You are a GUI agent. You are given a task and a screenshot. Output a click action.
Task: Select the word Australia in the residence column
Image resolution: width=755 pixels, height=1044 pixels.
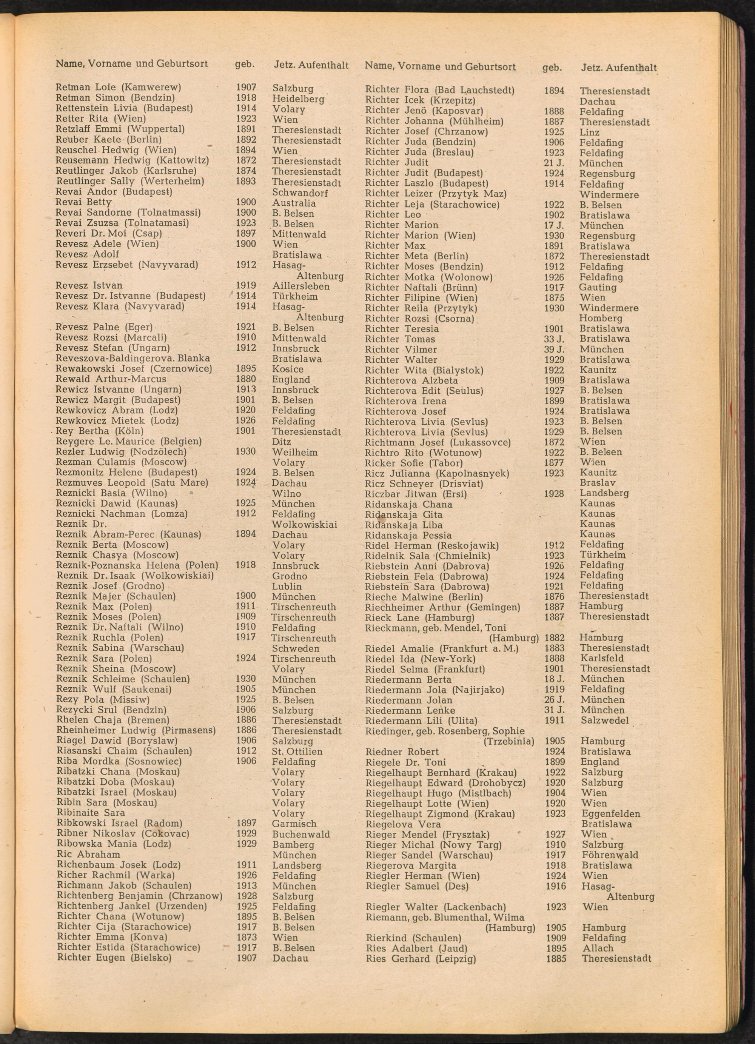294,203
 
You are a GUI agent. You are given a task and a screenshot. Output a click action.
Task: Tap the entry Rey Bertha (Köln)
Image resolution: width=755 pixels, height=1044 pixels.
99,431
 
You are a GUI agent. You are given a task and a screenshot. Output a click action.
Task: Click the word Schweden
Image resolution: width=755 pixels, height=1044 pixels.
295,648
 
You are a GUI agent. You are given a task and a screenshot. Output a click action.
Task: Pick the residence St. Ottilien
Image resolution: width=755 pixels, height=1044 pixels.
297,751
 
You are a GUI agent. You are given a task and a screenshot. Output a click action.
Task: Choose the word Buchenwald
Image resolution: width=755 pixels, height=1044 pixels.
300,834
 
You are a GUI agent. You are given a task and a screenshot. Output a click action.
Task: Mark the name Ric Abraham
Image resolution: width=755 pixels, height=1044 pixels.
82,855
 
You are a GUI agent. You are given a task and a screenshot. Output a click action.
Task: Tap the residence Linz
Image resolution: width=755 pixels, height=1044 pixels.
589,132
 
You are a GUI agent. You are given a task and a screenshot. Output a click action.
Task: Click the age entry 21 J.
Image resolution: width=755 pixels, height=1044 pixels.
554,163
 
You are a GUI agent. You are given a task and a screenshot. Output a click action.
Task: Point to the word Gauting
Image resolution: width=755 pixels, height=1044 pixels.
597,287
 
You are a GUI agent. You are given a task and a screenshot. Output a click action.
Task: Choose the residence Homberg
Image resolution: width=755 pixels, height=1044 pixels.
600,318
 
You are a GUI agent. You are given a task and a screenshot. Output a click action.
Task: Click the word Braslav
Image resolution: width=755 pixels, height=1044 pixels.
597,483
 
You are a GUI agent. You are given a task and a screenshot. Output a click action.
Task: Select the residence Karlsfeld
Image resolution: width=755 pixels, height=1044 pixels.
602,658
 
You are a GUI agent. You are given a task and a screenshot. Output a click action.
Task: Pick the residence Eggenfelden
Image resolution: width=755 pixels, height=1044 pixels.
610,813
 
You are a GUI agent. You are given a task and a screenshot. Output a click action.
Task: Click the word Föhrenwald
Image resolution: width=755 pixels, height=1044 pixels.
610,855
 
